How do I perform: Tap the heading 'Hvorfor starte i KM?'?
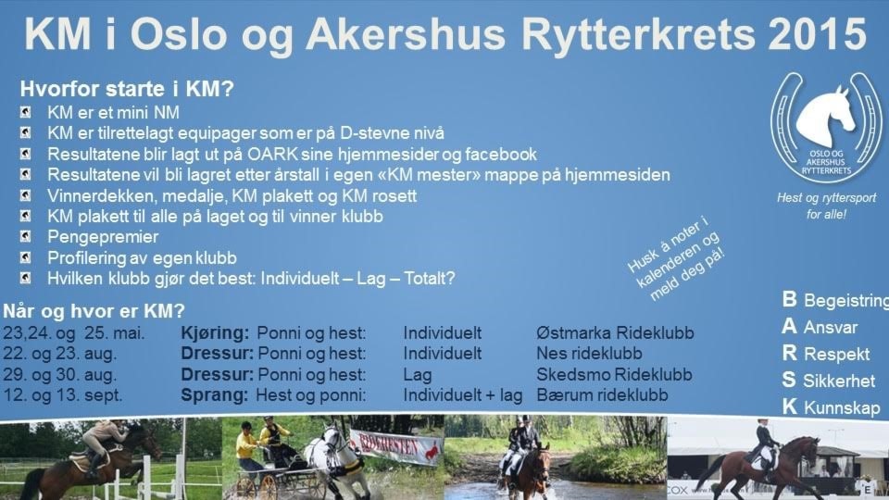click(127, 89)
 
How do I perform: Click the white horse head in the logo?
click(827, 117)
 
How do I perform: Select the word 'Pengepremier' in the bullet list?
click(103, 237)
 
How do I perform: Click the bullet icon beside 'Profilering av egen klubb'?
click(26, 258)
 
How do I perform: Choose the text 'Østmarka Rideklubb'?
click(615, 332)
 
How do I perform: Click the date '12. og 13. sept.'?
click(63, 395)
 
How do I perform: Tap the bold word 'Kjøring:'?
click(215, 333)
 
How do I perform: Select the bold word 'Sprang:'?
click(214, 395)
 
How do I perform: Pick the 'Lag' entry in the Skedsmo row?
click(418, 375)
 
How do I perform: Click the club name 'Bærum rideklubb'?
click(602, 395)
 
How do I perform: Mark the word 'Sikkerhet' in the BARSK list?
click(839, 381)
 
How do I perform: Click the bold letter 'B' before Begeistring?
click(790, 299)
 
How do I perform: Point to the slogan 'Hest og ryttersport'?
click(827, 198)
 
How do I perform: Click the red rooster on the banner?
click(432, 451)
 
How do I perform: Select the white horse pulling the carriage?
click(334, 459)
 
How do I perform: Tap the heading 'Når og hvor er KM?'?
click(94, 311)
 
